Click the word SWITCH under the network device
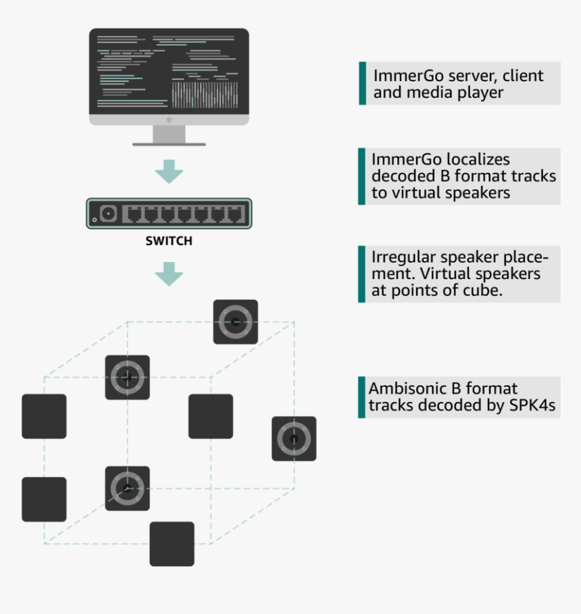click(x=169, y=240)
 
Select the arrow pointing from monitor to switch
click(x=169, y=172)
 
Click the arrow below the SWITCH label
click(x=169, y=273)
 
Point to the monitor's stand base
click(x=169, y=143)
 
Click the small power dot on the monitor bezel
click(x=169, y=120)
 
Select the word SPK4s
click(x=536, y=405)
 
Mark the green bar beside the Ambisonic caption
click(x=361, y=397)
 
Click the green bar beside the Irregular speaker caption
click(x=361, y=274)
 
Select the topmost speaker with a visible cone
click(x=236, y=322)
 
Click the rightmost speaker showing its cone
click(x=294, y=438)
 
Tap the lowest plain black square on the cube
click(x=172, y=544)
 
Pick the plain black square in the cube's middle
click(x=211, y=416)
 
